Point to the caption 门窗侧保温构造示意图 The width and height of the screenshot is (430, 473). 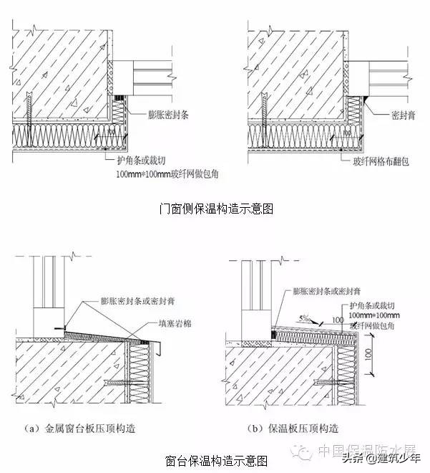(x=215, y=209)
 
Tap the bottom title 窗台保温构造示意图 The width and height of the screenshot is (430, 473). (x=215, y=459)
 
